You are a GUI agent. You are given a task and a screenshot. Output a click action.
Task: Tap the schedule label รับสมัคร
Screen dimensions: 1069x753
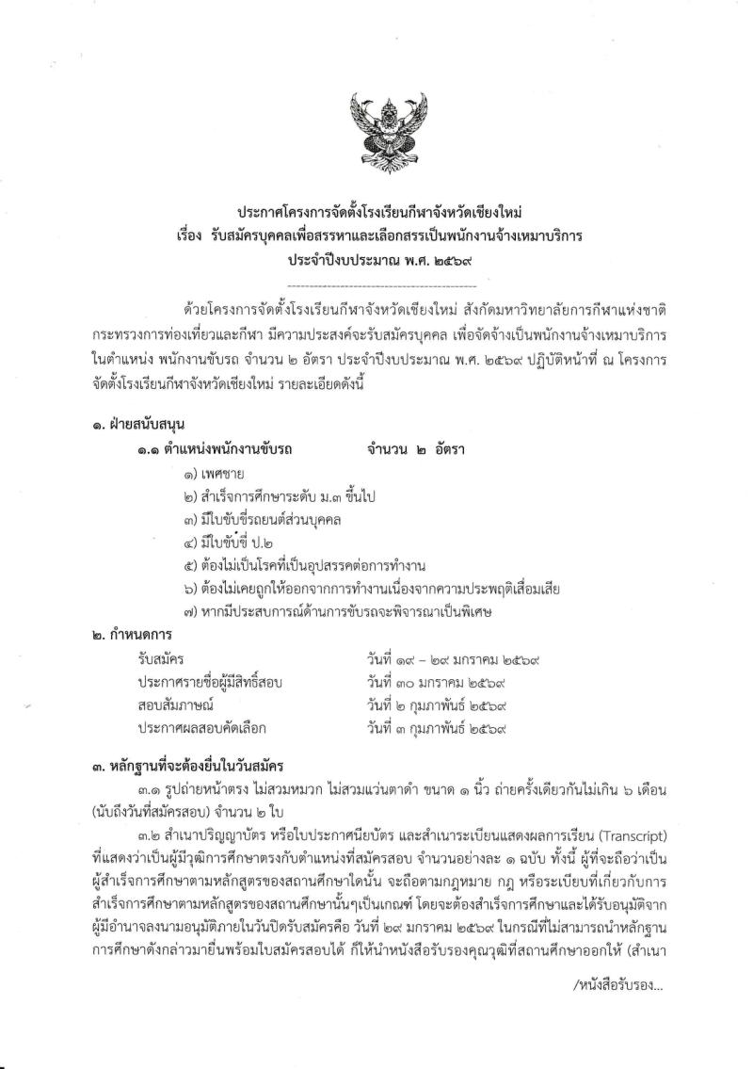pyautogui.click(x=160, y=656)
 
